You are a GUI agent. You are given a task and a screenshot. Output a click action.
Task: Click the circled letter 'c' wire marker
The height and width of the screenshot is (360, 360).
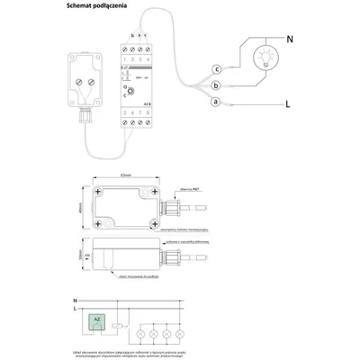216,68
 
